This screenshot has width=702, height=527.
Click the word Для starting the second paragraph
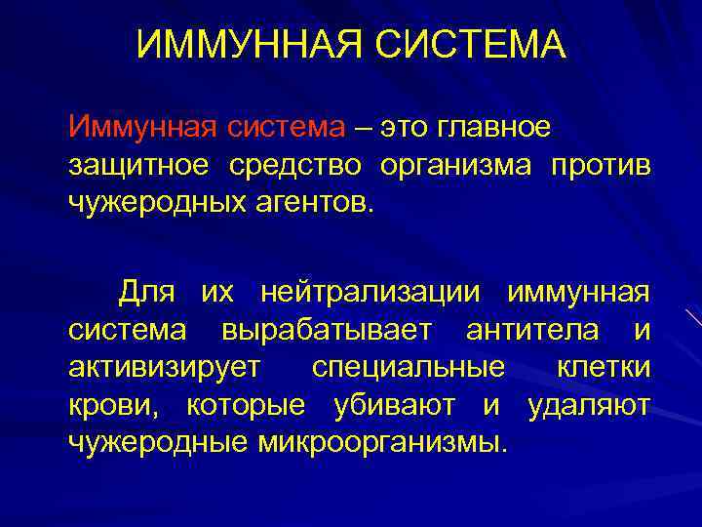[149, 292]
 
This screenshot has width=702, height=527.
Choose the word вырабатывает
[326, 329]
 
